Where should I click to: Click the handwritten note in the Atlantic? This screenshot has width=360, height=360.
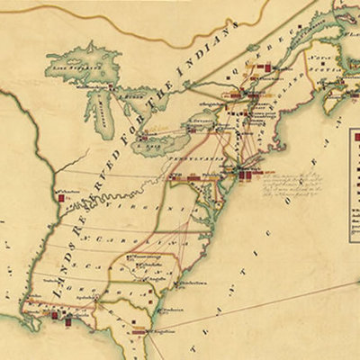point(288,180)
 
